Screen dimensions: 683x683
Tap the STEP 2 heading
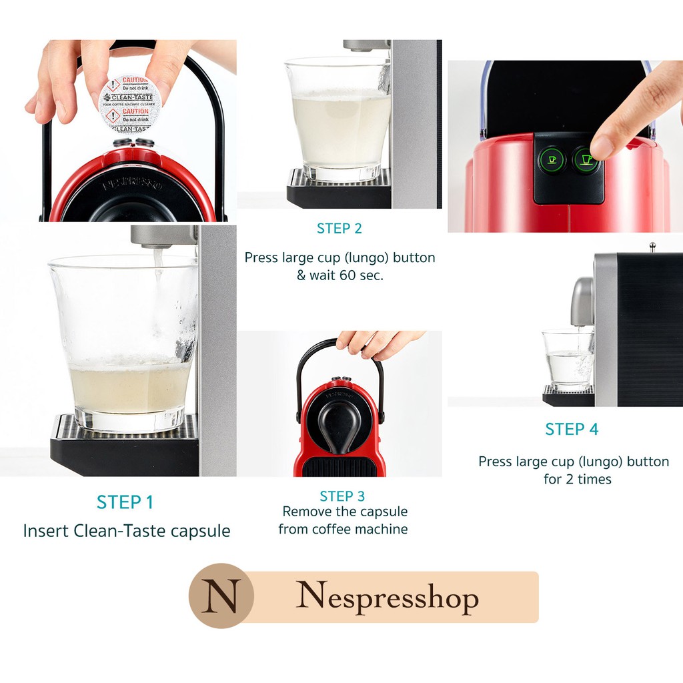click(339, 229)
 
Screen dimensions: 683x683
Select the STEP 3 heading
click(342, 496)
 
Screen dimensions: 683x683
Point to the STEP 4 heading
click(572, 430)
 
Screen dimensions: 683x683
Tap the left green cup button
click(551, 160)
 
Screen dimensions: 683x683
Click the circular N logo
click(221, 596)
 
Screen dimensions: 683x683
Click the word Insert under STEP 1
click(45, 531)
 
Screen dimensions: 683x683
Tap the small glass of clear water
click(567, 360)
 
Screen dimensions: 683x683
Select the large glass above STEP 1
click(123, 340)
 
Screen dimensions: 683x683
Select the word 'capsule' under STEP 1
click(198, 531)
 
